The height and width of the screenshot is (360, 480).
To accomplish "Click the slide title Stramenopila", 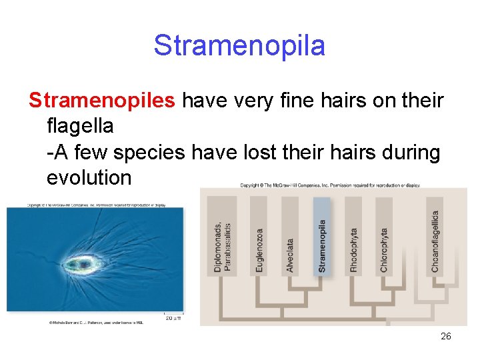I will [239, 46].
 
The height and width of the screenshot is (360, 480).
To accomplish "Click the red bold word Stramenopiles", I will [102, 101].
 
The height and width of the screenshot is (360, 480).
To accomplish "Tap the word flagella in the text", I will [80, 126].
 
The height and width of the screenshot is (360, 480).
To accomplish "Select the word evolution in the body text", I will [89, 177].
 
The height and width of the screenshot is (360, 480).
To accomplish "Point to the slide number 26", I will [446, 336].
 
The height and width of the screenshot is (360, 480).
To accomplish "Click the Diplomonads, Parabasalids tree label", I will [223, 246].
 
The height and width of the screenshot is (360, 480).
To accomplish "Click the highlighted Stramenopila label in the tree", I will [323, 245].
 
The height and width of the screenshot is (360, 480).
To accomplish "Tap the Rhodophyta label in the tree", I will [354, 249].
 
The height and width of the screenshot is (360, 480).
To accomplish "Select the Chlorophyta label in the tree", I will [384, 249].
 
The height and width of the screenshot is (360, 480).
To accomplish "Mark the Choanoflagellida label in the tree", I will [435, 241].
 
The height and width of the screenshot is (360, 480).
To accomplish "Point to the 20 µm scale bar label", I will [173, 318].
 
